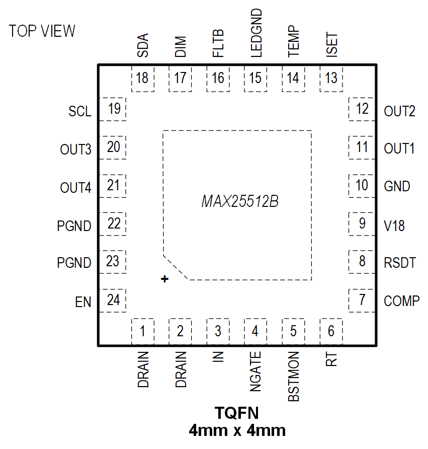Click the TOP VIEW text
(42, 31)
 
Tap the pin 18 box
(142, 79)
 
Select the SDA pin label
(143, 45)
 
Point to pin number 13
(331, 79)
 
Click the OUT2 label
(399, 111)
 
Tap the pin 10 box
(362, 185)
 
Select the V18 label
(394, 226)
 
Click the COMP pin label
(401, 301)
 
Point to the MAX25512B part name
(240, 202)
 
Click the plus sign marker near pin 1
(164, 279)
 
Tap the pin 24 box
(114, 301)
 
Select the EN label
(83, 303)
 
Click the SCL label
(80, 111)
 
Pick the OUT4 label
(75, 188)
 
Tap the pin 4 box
(255, 331)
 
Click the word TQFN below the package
(237, 414)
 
